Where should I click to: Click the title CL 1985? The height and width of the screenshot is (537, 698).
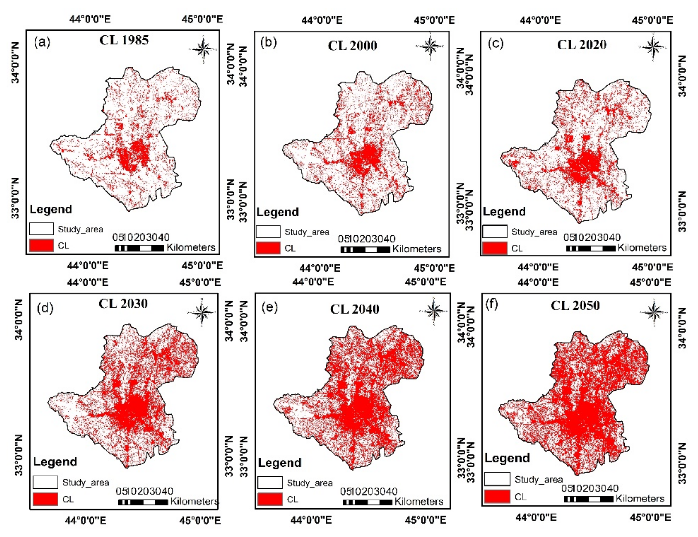point(124,40)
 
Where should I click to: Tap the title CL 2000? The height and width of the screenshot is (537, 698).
point(352,46)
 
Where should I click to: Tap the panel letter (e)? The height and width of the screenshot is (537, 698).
point(269,307)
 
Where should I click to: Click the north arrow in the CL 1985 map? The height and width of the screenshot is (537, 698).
point(203,49)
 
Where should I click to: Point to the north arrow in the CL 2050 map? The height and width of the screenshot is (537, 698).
point(654,312)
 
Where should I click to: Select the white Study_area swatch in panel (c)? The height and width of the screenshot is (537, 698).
point(495,232)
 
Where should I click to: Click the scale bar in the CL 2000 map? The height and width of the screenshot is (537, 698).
point(365,250)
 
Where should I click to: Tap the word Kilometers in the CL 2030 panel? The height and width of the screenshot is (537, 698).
point(194,501)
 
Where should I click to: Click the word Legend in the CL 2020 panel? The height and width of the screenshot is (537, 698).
point(504,212)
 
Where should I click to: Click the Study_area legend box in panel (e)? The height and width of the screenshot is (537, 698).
point(270,482)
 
